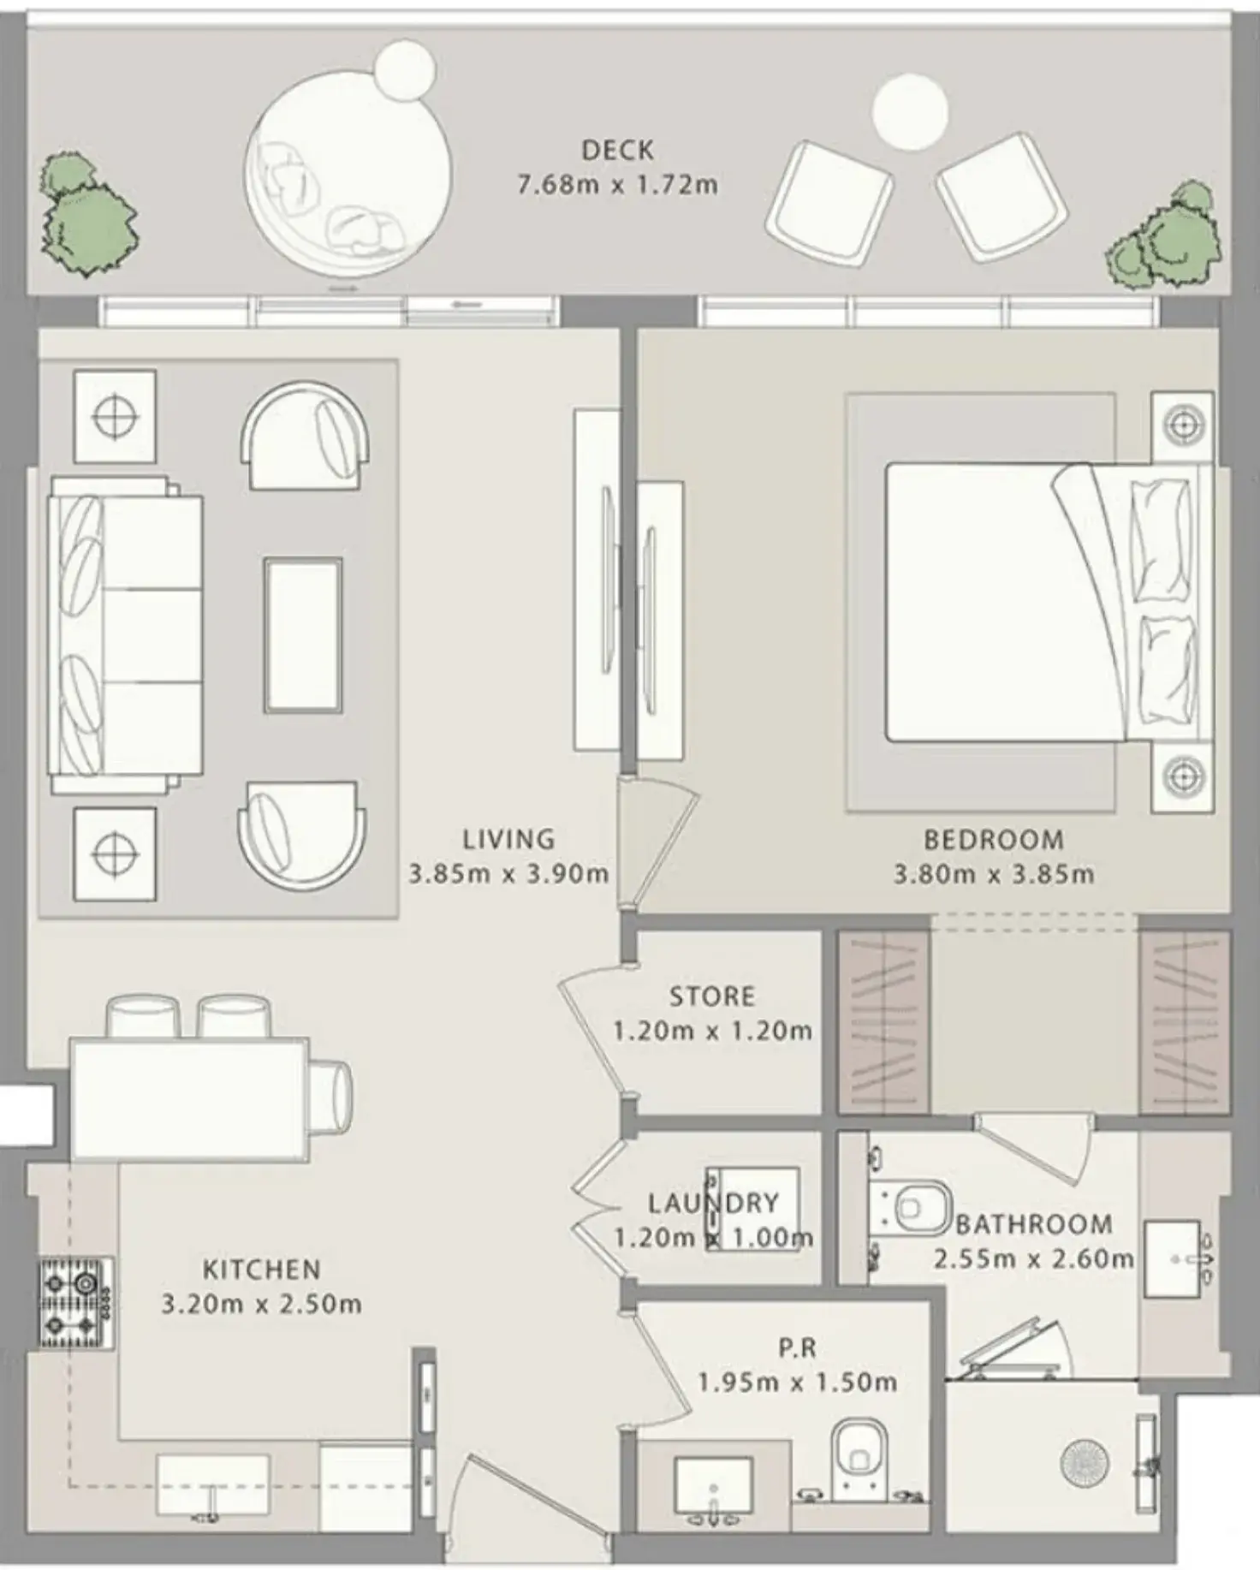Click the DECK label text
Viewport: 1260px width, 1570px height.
pos(617,151)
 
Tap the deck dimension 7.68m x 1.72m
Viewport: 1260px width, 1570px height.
pos(617,185)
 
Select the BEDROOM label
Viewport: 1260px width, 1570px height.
pos(994,840)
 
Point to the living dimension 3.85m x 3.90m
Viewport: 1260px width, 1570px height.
pos(508,874)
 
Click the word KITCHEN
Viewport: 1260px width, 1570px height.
pos(262,1270)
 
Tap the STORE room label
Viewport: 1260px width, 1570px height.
pos(712,996)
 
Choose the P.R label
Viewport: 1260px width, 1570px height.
pos(797,1348)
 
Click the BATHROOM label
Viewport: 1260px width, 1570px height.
pos(1034,1224)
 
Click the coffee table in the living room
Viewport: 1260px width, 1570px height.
pos(303,635)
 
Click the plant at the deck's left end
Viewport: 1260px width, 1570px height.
pos(86,215)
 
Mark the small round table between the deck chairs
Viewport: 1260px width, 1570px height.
pos(910,113)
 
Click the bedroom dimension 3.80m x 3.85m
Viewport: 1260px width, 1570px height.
pos(994,874)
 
